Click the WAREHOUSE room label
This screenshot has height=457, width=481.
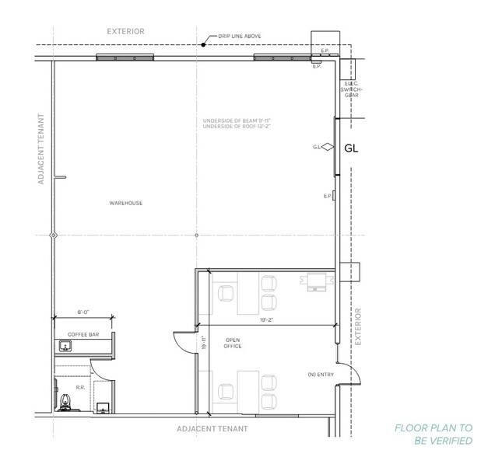tap(125, 203)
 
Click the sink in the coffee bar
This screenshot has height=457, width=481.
tap(66, 347)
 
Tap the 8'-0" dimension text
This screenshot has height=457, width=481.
tap(83, 312)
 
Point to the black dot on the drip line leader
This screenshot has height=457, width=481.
tap(203, 45)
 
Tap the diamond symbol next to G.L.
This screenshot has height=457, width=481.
tap(328, 147)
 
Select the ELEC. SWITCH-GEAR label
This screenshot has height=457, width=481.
tap(351, 91)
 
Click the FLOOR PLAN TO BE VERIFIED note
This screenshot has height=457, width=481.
tap(433, 434)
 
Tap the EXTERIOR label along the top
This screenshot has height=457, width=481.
tap(126, 32)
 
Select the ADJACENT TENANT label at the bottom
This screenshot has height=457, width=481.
tap(212, 428)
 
